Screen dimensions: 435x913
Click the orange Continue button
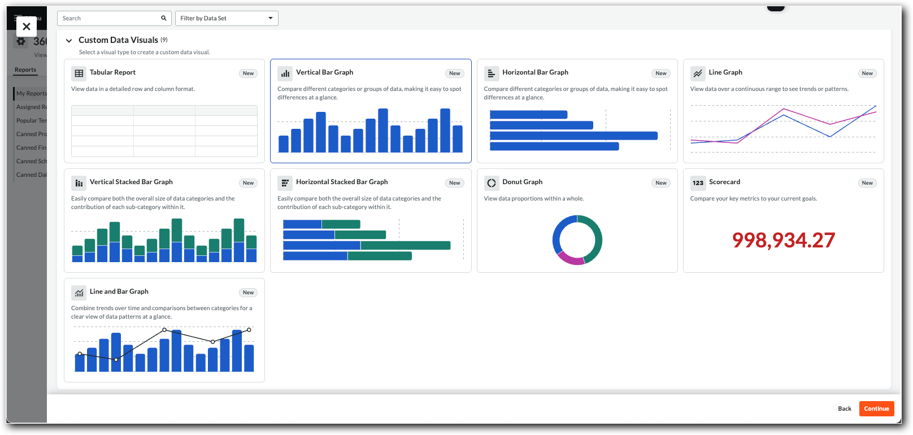coord(876,408)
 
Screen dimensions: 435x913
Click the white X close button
coord(27,27)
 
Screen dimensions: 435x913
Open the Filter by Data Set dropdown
coord(227,18)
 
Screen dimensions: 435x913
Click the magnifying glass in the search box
coord(164,18)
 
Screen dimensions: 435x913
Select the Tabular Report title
coord(112,72)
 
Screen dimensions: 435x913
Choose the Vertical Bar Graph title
coord(324,72)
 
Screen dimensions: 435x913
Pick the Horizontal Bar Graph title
coord(535,72)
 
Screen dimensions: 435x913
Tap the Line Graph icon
coord(698,73)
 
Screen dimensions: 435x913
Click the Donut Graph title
coord(522,182)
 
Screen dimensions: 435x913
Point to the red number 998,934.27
coord(783,240)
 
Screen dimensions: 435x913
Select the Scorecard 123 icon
coord(698,183)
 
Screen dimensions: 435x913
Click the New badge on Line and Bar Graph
coord(248,293)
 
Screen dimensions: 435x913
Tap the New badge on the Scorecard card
coord(867,183)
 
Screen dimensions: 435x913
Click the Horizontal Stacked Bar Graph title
coord(342,182)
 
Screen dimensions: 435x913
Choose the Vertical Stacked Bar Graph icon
coord(79,183)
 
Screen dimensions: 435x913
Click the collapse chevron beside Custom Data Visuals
coord(69,41)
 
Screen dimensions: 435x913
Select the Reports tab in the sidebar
coord(25,70)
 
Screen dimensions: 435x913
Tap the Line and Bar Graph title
coord(119,292)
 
